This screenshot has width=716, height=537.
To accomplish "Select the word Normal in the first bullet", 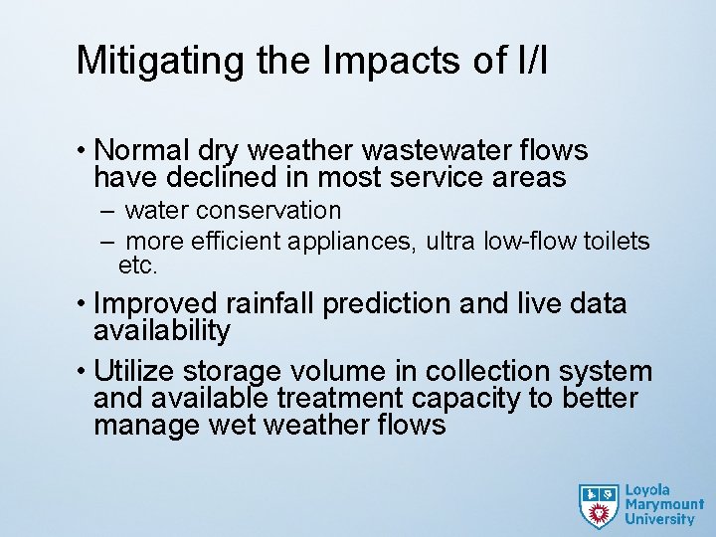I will [144, 151].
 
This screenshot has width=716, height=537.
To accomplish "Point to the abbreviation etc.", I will [138, 267].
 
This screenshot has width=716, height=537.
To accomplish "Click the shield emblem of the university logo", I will [599, 505].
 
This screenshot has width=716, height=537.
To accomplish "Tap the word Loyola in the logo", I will [648, 490].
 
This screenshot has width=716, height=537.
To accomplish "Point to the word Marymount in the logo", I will [664, 504].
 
